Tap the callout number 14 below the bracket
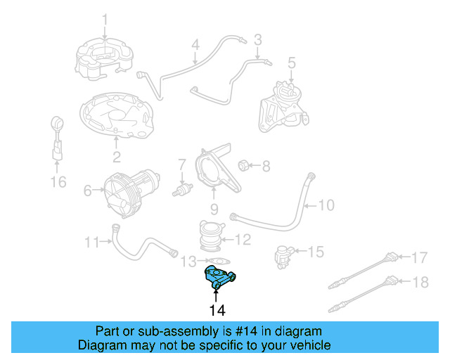pyautogui.click(x=217, y=309)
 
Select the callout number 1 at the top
pyautogui.click(x=105, y=18)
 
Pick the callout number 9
pyautogui.click(x=214, y=209)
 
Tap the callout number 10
pyautogui.click(x=326, y=205)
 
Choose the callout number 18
pyautogui.click(x=419, y=283)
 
